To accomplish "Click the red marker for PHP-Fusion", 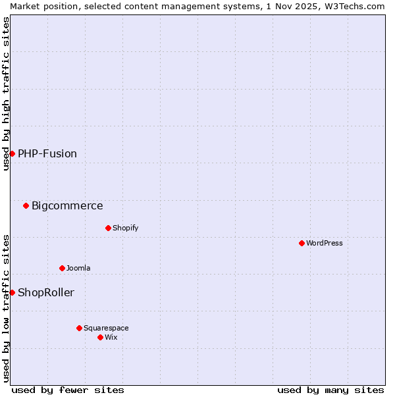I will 12,153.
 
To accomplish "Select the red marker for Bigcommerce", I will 26,205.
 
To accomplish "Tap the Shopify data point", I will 108,228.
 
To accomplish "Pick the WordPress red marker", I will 302,243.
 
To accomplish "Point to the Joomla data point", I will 62,268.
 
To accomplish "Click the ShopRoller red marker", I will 12,292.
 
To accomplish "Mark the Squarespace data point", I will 79,328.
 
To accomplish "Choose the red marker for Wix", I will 100,337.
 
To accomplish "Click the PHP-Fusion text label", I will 47,153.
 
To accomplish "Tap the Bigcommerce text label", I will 67,205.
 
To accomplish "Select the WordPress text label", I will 325,243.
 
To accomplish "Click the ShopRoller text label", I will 46,292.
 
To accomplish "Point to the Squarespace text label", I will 106,328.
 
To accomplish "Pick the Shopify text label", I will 126,228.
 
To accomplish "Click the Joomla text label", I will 78,268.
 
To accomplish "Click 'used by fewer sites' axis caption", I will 68,390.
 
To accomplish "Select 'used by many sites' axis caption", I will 330,390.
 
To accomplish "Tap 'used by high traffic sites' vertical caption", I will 6,93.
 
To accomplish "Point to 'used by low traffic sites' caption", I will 6,308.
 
